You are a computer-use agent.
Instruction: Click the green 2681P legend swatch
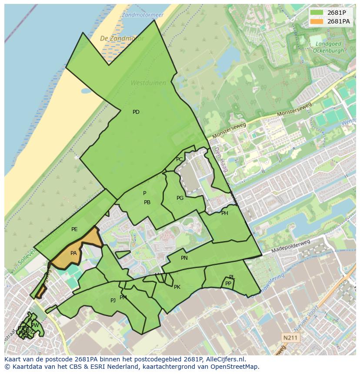click(317, 13)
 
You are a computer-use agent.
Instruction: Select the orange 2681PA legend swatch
click(317, 21)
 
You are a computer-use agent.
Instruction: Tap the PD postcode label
click(136, 112)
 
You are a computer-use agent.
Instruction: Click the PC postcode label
click(179, 159)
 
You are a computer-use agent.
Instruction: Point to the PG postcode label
click(180, 198)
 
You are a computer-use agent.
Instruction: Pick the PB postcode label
click(147, 202)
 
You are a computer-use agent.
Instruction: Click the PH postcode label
click(224, 213)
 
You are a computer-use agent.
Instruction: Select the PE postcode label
click(74, 229)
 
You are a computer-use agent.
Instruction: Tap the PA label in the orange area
click(73, 253)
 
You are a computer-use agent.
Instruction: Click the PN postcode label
click(184, 258)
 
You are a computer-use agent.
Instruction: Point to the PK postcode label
click(177, 287)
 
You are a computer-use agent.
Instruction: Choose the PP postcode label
click(228, 284)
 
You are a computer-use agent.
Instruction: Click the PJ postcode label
click(113, 300)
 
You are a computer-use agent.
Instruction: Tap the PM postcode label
click(123, 298)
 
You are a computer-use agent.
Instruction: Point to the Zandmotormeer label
click(143, 15)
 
